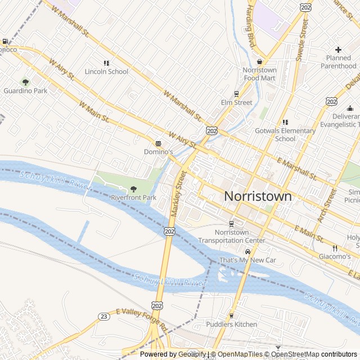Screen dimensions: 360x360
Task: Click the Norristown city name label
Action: pyautogui.click(x=258, y=196)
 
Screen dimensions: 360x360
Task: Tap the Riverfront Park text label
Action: pyautogui.click(x=133, y=197)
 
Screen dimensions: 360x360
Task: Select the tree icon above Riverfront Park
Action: pyautogui.click(x=133, y=188)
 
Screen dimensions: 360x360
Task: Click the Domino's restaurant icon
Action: pyautogui.click(x=158, y=143)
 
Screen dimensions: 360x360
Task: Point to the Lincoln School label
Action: pyautogui.click(x=106, y=71)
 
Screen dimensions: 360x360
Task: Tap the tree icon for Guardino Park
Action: pyautogui.click(x=25, y=82)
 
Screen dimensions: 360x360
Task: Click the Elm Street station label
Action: pyautogui.click(x=236, y=102)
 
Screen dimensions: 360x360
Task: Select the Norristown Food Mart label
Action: pyautogui.click(x=259, y=74)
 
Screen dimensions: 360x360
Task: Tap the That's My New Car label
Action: pyautogui.click(x=247, y=260)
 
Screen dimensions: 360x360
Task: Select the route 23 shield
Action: pyautogui.click(x=103, y=317)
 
